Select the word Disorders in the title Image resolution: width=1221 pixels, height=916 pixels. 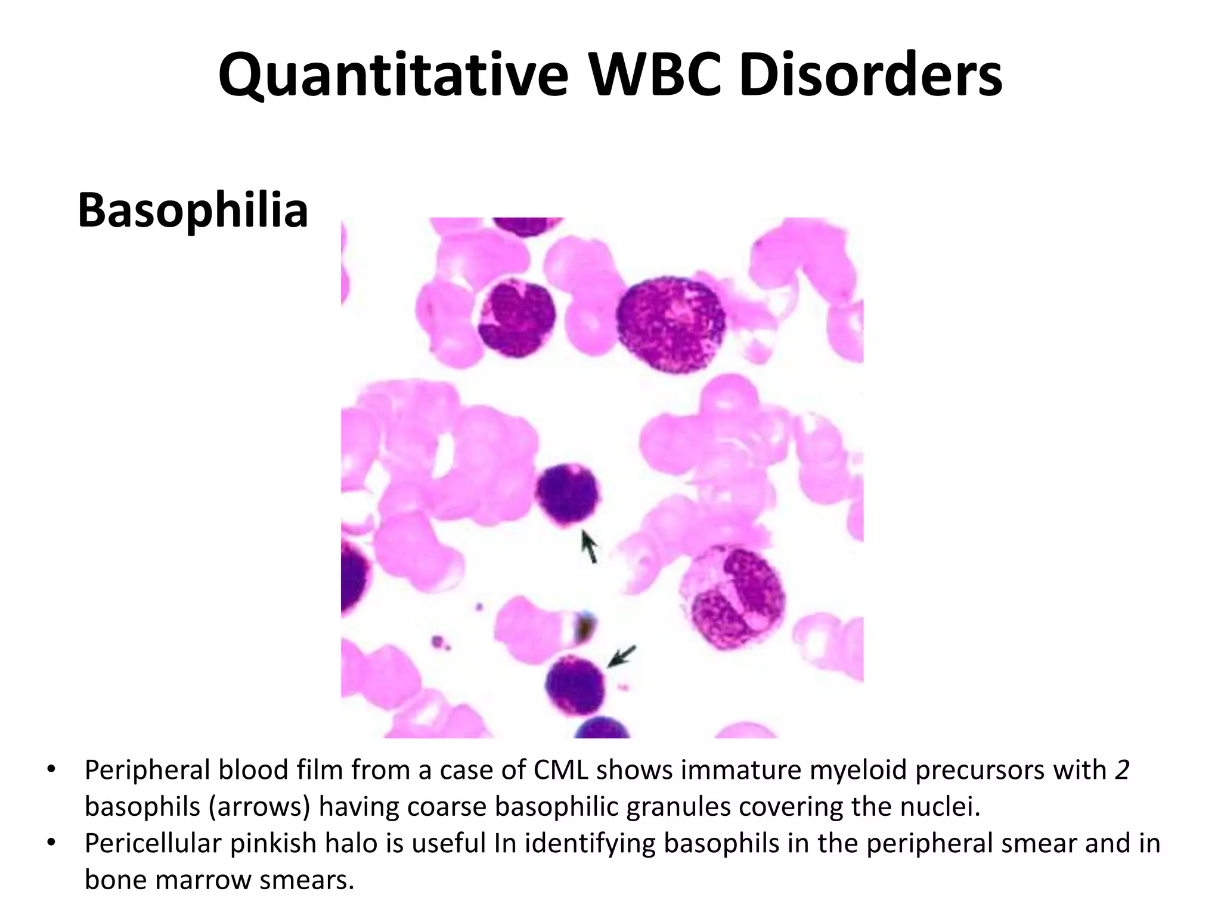click(x=870, y=76)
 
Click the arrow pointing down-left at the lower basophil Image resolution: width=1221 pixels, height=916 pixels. click(x=621, y=657)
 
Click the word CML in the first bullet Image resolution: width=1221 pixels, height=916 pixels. click(x=560, y=770)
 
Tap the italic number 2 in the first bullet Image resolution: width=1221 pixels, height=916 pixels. click(x=1122, y=770)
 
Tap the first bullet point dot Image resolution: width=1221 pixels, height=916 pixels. click(x=51, y=769)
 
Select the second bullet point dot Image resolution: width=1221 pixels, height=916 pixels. click(x=51, y=843)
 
